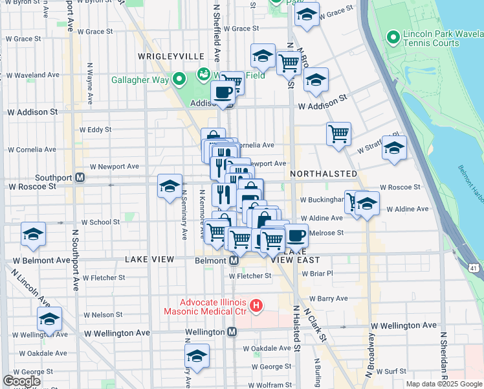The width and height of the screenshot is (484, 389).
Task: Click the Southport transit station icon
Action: coord(80,178)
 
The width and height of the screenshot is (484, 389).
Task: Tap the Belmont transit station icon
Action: coord(234,260)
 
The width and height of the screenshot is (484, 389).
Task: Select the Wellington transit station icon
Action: coord(232,332)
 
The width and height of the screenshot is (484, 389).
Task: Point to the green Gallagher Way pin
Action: coord(179,80)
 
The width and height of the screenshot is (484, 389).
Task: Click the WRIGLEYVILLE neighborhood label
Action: coord(162,57)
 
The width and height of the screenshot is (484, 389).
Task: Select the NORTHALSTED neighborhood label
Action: coord(324,174)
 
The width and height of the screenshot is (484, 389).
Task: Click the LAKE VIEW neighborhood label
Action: coord(149,259)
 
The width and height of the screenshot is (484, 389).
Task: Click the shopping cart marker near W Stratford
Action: coord(338,134)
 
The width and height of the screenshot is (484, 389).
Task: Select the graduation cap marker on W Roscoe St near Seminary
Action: coord(170,186)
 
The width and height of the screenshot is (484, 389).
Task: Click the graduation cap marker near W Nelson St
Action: coord(49,318)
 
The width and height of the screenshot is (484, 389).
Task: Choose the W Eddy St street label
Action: coord(100,130)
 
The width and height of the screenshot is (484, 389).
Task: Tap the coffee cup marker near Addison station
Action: coord(223,92)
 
